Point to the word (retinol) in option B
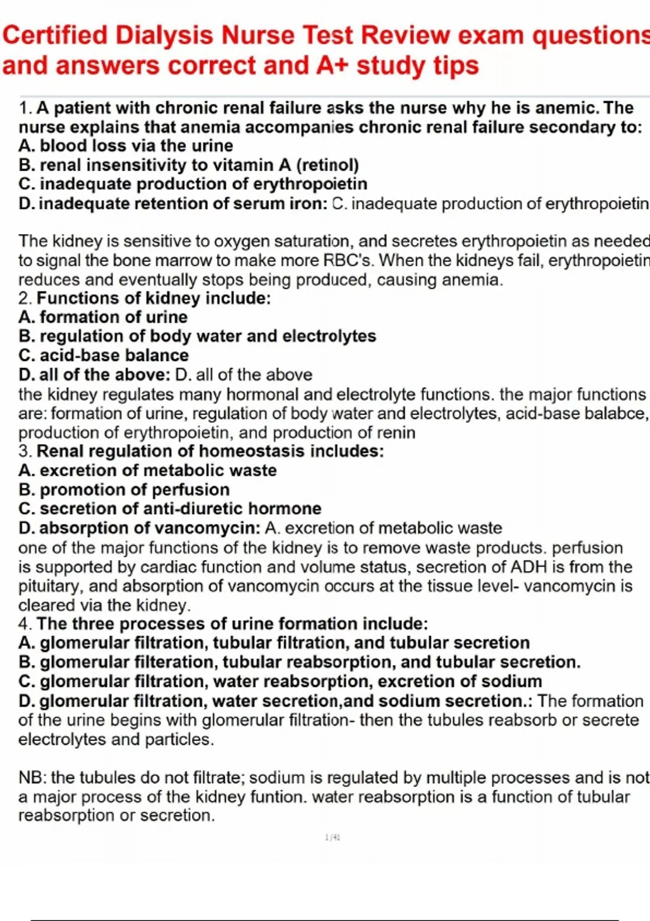tap(327, 165)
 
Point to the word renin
tap(397, 433)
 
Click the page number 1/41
tap(333, 838)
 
